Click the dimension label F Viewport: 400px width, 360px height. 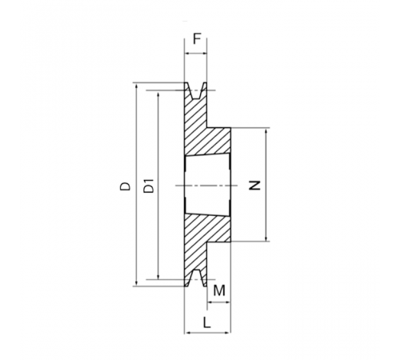pyautogui.click(x=197, y=39)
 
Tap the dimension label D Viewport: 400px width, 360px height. pyautogui.click(x=125, y=186)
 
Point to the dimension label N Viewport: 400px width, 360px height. pyautogui.click(x=254, y=186)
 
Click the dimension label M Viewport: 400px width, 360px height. pyautogui.click(x=219, y=290)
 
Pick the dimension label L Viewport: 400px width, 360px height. pyautogui.click(x=207, y=322)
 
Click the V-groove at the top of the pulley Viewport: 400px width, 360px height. pyautogui.click(x=196, y=91)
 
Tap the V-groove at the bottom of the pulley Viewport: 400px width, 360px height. pyautogui.click(x=196, y=278)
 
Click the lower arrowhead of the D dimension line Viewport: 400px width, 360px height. pyautogui.click(x=137, y=283)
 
